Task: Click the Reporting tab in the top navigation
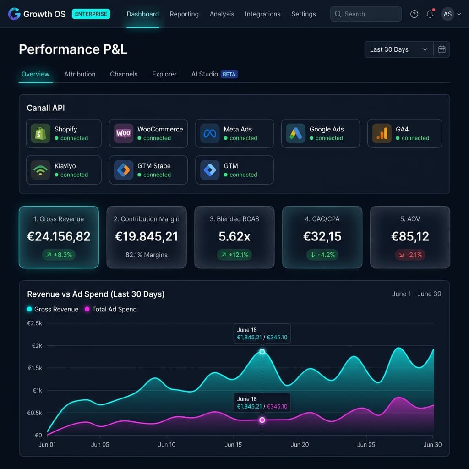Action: coord(184,14)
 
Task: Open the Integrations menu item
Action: coord(262,14)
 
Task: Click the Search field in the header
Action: coord(366,14)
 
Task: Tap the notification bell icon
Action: coord(430,14)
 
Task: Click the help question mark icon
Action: coord(414,14)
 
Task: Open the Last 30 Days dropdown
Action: coord(399,49)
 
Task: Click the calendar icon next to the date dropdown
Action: coord(442,49)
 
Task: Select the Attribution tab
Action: coord(80,74)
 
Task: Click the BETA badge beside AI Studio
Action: coord(229,74)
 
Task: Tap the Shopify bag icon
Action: coord(40,133)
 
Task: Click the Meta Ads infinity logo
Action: coord(210,133)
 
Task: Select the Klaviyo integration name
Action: coord(65,166)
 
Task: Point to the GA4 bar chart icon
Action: coord(382,133)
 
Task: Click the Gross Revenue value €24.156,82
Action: coord(59,237)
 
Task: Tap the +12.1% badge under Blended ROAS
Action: coord(234,255)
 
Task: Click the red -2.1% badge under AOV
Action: coord(410,255)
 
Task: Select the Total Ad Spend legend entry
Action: coord(111,309)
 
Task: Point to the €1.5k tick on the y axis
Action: coord(35,368)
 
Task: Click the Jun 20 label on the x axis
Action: coord(300,444)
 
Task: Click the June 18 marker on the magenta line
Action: coord(262,420)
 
